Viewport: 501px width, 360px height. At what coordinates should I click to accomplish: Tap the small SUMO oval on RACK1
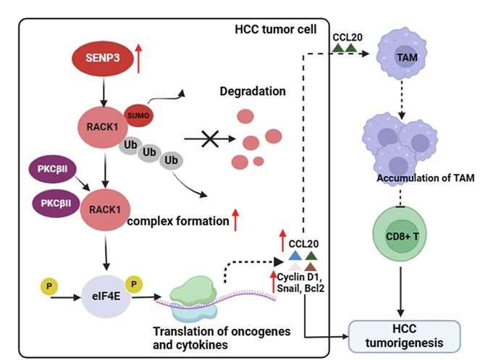point(136,114)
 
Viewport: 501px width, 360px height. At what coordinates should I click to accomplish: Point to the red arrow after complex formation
point(235,219)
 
